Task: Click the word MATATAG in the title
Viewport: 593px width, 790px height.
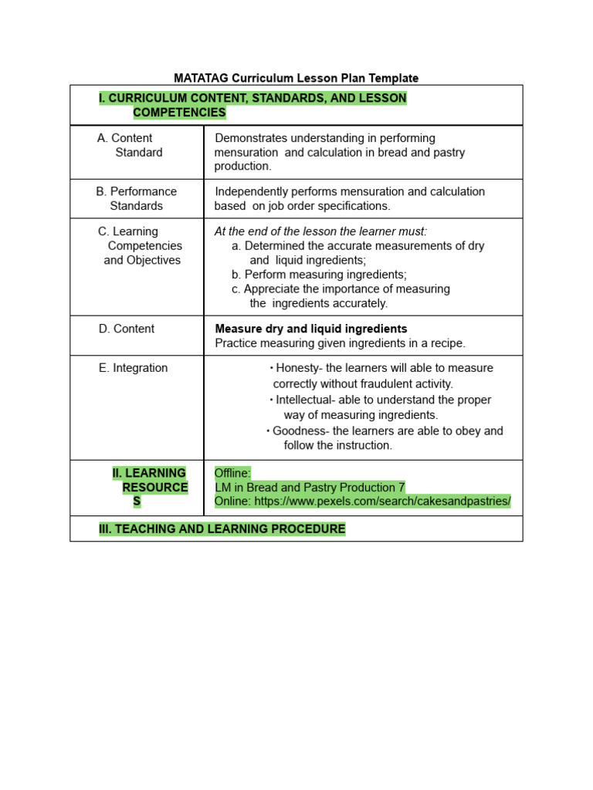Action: pyautogui.click(x=199, y=78)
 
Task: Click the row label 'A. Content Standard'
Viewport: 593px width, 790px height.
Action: pyautogui.click(x=130, y=145)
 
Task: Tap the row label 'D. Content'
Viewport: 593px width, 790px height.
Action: pyautogui.click(x=126, y=329)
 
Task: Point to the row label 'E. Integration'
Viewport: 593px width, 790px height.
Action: pyautogui.click(x=133, y=368)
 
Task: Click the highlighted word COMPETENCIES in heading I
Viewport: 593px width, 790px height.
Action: pyautogui.click(x=179, y=113)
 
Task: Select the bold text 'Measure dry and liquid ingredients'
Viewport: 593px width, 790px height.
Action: pyautogui.click(x=310, y=329)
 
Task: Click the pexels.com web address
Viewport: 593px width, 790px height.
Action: pyautogui.click(x=382, y=501)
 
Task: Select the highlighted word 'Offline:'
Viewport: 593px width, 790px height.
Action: pyautogui.click(x=232, y=473)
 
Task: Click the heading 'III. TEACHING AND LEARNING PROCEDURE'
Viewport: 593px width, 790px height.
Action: pyautogui.click(x=222, y=528)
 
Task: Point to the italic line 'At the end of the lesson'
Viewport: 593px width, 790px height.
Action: pyautogui.click(x=320, y=231)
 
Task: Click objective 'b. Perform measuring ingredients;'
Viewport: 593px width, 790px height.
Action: pyautogui.click(x=319, y=275)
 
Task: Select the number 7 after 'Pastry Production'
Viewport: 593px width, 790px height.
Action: pyautogui.click(x=402, y=488)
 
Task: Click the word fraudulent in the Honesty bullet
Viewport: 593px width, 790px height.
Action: pyautogui.click(x=388, y=383)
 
